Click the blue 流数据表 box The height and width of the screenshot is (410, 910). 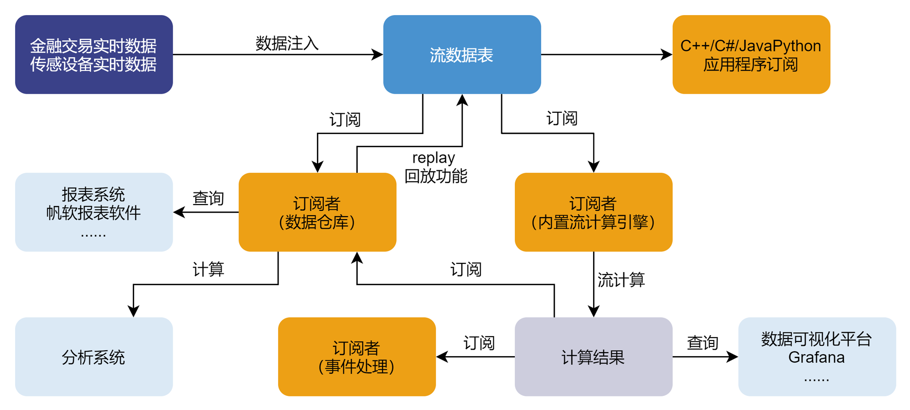click(462, 54)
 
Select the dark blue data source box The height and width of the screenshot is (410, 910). click(94, 54)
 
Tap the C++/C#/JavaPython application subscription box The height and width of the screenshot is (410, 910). click(751, 54)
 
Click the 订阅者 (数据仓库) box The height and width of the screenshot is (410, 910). click(317, 212)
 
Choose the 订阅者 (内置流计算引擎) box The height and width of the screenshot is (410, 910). click(593, 212)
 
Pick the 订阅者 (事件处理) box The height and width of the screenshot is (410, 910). click(357, 357)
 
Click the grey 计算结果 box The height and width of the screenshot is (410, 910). click(593, 357)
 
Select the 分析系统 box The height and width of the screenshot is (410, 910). click(94, 357)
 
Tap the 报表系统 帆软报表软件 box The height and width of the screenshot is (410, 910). click(94, 212)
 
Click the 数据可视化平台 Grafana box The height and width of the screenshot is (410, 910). click(817, 357)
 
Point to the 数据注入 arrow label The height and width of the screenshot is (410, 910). click(287, 43)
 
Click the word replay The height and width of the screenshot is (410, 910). click(434, 158)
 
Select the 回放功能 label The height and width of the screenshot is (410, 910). click(436, 176)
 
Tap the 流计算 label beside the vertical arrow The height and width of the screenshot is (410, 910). click(621, 280)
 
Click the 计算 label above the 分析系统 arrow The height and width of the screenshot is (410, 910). click(208, 269)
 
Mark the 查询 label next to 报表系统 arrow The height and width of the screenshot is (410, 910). click(208, 198)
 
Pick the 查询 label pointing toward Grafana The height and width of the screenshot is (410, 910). click(702, 342)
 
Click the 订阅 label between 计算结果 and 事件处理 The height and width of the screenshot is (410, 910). click(479, 342)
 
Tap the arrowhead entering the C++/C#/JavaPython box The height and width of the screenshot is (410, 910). click(667, 54)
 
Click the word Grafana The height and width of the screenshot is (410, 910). click(816, 358)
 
